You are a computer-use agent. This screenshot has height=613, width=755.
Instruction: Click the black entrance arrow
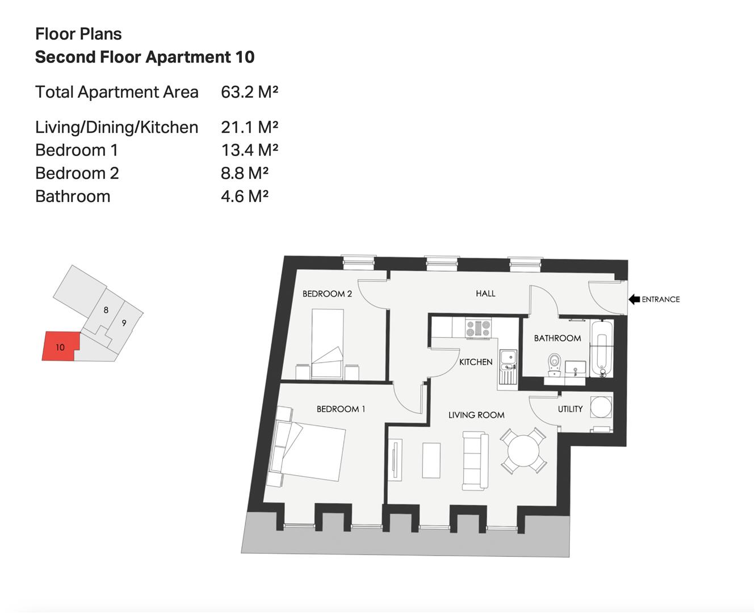(634, 300)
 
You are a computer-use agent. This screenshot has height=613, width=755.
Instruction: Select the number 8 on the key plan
(106, 310)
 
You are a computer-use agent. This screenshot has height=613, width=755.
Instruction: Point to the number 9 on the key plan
(124, 323)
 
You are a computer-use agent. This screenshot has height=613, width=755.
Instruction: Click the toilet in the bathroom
(553, 364)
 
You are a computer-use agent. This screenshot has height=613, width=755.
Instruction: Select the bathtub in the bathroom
(602, 348)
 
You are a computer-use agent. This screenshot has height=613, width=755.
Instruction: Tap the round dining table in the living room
(523, 451)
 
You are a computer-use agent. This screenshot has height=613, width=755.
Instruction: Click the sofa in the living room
(475, 461)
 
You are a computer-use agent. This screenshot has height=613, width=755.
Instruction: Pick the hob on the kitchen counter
(479, 328)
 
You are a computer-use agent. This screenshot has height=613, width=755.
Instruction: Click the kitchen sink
(508, 367)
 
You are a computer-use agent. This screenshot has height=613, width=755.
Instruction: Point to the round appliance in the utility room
(601, 407)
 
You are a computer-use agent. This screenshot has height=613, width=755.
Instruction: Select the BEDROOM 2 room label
(327, 294)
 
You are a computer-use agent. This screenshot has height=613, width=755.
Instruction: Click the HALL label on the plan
(485, 293)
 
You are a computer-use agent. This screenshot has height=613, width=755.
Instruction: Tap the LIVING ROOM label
(476, 415)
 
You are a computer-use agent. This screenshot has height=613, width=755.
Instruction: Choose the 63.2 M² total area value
(250, 92)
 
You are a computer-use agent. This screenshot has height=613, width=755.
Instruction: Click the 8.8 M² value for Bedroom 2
(245, 173)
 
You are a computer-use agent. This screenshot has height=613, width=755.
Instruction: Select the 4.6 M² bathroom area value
(245, 196)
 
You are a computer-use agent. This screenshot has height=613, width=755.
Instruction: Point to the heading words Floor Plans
(78, 34)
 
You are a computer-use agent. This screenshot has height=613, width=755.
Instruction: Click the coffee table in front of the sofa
(431, 460)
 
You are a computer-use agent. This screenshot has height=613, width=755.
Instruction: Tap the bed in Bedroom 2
(328, 344)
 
